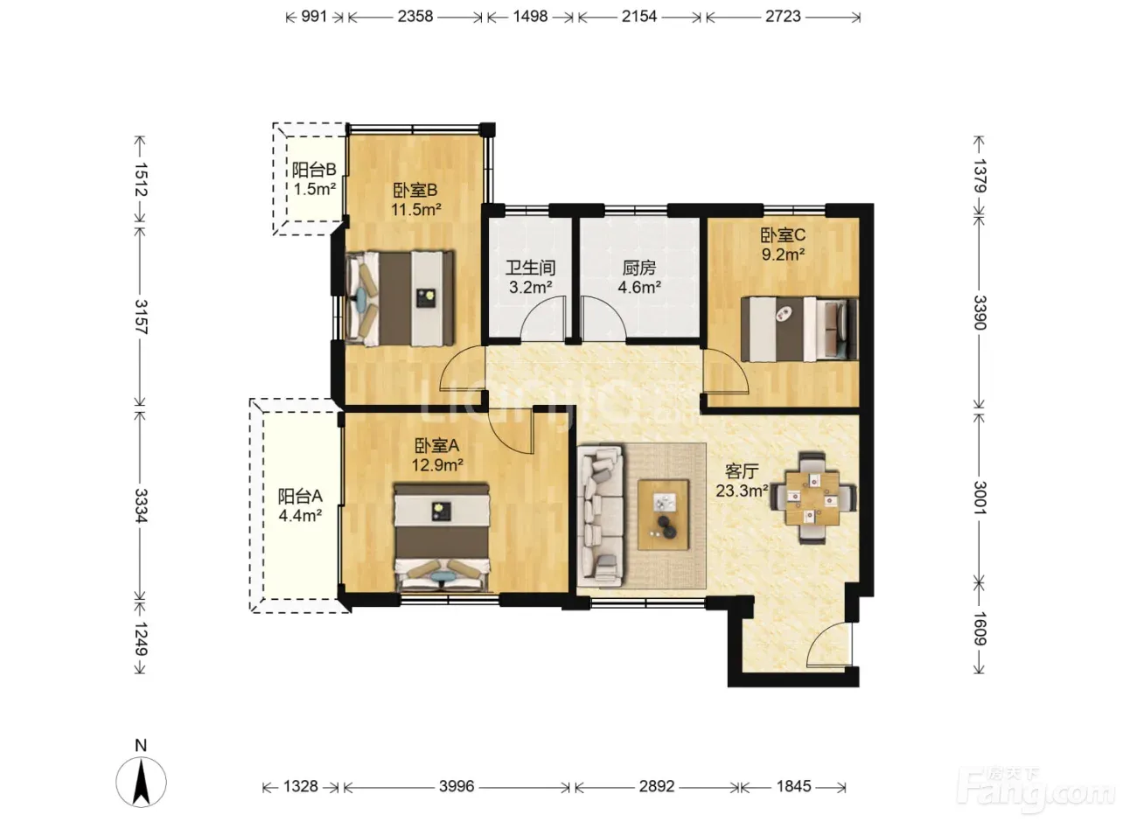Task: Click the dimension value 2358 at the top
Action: [415, 17]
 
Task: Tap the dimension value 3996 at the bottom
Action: [457, 786]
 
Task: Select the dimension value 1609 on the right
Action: [980, 629]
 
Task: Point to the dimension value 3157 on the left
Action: [141, 317]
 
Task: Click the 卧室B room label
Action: [415, 190]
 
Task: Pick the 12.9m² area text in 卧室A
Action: [437, 464]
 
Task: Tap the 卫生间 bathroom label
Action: [530, 268]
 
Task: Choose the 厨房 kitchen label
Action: [639, 268]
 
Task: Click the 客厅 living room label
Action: [742, 471]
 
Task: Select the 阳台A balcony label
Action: [300, 496]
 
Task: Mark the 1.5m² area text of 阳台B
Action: [314, 189]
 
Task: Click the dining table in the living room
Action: [813, 498]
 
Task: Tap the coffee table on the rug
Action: [663, 515]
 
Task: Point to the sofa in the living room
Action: [601, 515]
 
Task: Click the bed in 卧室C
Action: [799, 329]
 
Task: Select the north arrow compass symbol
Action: [142, 782]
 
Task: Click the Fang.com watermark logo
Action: [1036, 791]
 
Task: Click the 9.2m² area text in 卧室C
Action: [783, 254]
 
